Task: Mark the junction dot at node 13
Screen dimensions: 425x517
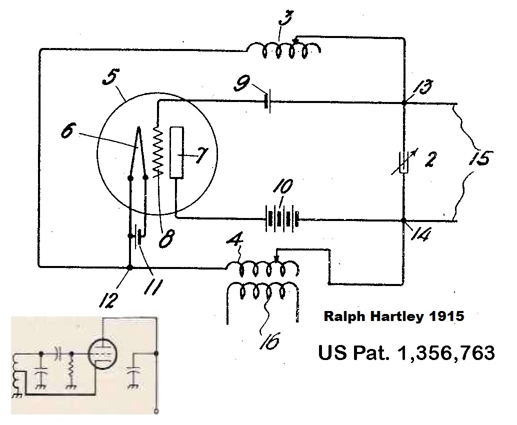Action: pyautogui.click(x=404, y=103)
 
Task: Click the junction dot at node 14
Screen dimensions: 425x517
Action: pyautogui.click(x=404, y=219)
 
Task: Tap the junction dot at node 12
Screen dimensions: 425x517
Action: pyautogui.click(x=130, y=267)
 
